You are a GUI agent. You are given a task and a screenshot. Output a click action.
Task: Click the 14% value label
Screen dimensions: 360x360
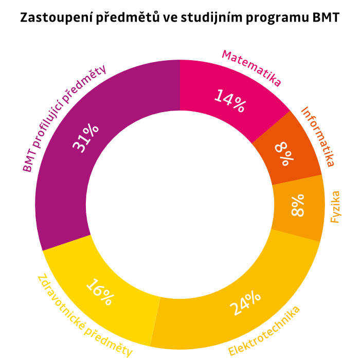pyautogui.click(x=230, y=100)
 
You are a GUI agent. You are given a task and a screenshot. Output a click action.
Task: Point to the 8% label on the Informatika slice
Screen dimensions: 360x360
pyautogui.click(x=284, y=154)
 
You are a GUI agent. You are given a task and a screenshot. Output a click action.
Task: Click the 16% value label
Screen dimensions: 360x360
pyautogui.click(x=99, y=292)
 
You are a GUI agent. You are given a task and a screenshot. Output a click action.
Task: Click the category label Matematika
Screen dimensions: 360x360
pyautogui.click(x=251, y=67)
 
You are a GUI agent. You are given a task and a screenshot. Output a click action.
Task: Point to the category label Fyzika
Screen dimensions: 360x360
pyautogui.click(x=336, y=207)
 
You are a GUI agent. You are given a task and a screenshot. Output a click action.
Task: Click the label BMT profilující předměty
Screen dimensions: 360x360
pyautogui.click(x=64, y=118)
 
